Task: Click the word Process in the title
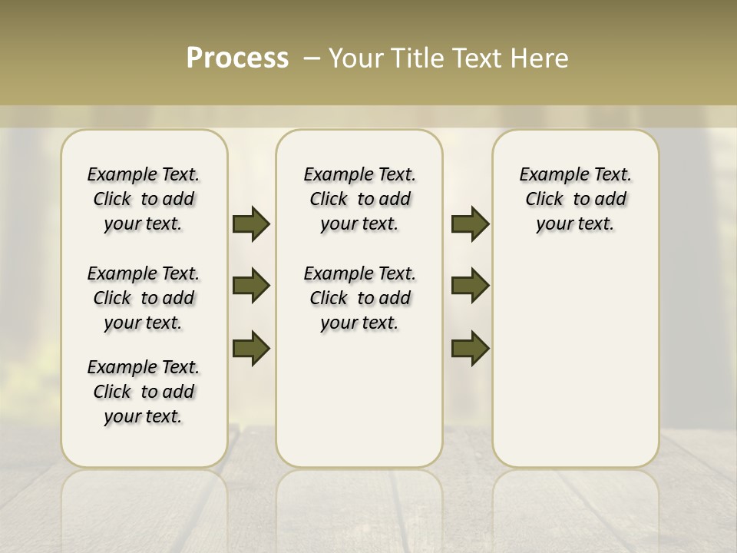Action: [237, 58]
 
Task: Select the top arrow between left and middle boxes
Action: [251, 224]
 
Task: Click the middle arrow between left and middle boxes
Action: [251, 286]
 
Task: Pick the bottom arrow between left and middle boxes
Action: [251, 348]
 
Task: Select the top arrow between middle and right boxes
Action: [470, 224]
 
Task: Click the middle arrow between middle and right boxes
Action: [470, 286]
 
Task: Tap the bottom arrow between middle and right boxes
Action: [470, 348]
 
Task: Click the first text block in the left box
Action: [144, 199]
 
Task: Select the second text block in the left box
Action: [144, 298]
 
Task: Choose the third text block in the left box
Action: [144, 392]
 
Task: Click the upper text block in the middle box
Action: [359, 199]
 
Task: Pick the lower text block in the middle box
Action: [359, 298]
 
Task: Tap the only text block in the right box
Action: [575, 199]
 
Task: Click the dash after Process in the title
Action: [312, 58]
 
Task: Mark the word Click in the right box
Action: [544, 200]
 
